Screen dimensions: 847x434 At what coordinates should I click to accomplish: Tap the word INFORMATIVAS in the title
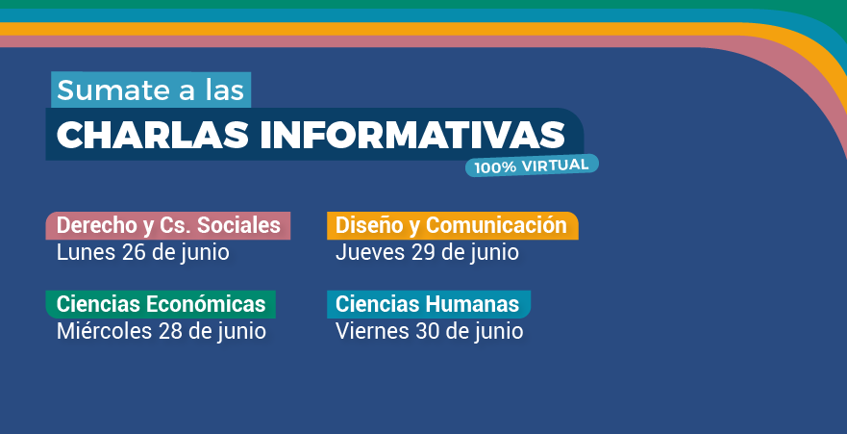(x=412, y=135)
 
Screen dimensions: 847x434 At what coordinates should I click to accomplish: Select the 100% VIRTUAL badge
(x=532, y=166)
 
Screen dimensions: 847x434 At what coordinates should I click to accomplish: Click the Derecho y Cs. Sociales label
(x=168, y=225)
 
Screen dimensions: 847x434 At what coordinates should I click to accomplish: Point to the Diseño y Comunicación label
(x=452, y=225)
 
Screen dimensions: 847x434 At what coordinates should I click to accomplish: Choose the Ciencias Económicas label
(x=161, y=304)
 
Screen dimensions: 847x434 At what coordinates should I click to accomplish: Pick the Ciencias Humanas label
(x=429, y=304)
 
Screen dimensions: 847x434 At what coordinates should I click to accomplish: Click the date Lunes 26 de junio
(x=143, y=253)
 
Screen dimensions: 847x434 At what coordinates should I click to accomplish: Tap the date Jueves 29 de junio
(x=427, y=253)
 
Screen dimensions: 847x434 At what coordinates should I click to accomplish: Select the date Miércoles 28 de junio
(x=161, y=332)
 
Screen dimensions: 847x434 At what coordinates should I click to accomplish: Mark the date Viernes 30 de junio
(x=430, y=332)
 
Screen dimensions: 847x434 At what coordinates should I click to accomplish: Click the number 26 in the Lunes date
(x=134, y=252)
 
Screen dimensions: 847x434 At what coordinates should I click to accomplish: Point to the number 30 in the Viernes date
(x=427, y=331)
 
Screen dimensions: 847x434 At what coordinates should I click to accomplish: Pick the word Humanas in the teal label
(x=472, y=304)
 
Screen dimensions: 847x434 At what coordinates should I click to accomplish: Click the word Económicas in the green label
(x=206, y=304)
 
